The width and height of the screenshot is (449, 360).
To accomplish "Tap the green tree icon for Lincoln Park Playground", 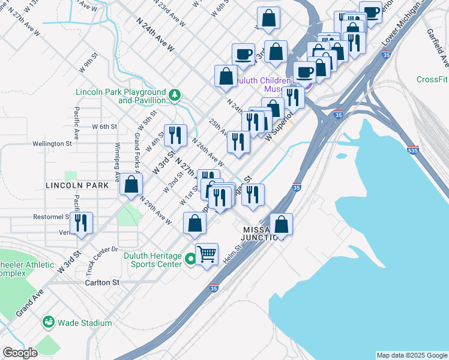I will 174,94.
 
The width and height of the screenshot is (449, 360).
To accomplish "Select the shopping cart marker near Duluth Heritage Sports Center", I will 206,254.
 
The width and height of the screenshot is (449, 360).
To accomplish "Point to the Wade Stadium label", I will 85,323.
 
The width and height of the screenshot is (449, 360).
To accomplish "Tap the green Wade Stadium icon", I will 48,323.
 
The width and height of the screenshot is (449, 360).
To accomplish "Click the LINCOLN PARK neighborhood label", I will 77,185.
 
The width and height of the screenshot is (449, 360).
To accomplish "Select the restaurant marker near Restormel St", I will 80,223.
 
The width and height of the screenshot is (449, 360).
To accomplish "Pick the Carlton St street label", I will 103,282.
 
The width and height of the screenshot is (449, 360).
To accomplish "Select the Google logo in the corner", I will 20,353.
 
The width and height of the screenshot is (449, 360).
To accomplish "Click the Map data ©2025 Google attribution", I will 411,355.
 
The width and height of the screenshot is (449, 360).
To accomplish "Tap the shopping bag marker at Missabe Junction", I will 281,226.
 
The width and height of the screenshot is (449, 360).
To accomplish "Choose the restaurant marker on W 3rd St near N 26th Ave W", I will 175,136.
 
